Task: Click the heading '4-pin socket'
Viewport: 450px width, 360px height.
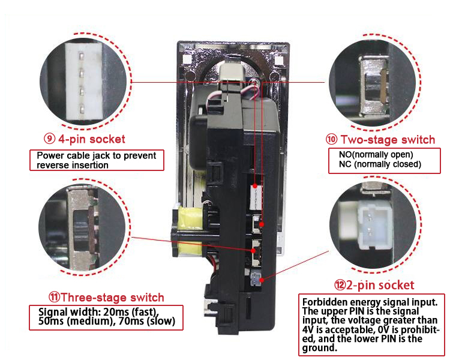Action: click(91, 139)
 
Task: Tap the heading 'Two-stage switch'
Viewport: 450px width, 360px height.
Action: click(387, 140)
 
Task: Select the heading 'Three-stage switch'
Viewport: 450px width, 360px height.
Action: click(112, 297)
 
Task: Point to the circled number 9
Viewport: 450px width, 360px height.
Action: click(49, 139)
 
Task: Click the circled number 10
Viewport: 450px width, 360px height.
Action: click(331, 140)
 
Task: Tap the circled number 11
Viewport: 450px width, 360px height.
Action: click(53, 297)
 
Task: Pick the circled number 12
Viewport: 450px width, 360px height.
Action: click(340, 285)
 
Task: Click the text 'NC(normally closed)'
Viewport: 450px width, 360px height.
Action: click(376, 164)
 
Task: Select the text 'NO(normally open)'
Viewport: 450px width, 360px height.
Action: click(372, 154)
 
